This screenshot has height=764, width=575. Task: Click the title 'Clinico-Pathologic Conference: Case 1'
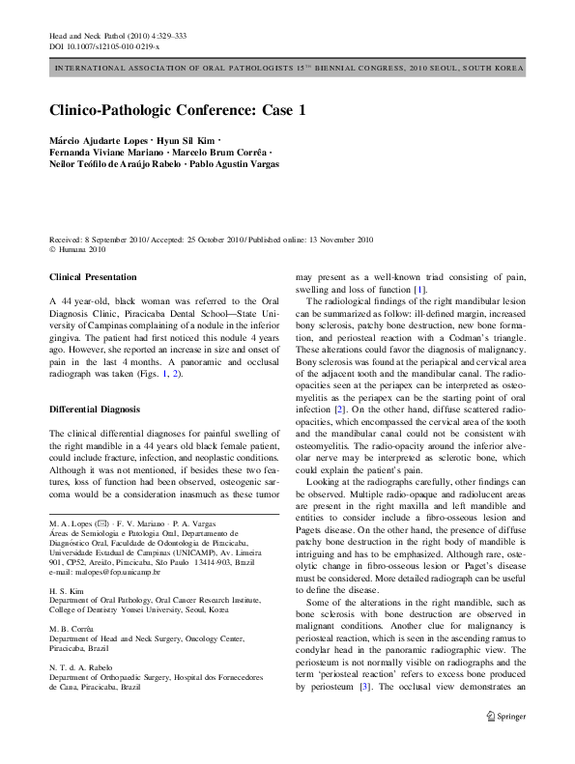[177, 110]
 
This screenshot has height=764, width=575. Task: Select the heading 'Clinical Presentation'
[92, 277]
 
